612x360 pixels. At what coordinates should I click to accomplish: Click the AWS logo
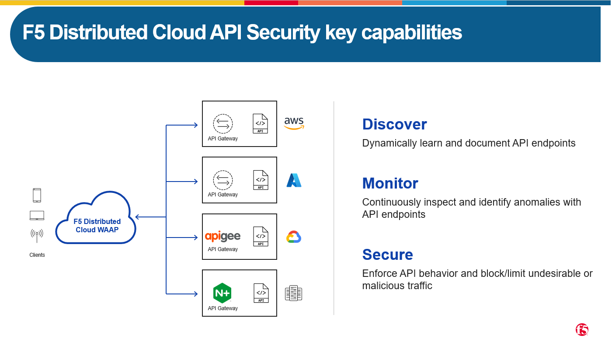(x=294, y=123)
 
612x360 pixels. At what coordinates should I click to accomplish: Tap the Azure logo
(x=294, y=180)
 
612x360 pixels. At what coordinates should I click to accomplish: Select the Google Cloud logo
(x=294, y=237)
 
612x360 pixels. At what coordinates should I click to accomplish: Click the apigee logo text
(x=223, y=237)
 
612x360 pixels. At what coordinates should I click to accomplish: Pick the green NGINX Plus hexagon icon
(x=222, y=293)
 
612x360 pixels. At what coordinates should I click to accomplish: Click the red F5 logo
(x=582, y=330)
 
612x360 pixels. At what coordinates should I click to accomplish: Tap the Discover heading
(x=394, y=124)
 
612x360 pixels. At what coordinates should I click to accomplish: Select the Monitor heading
(x=390, y=183)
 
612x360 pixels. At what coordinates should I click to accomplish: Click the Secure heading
(x=387, y=255)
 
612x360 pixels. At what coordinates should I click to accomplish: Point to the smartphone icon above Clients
(x=37, y=195)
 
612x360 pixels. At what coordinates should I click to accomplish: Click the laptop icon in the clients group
(x=37, y=215)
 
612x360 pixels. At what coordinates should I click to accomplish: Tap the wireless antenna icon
(x=37, y=235)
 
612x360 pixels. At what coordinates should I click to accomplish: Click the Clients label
(x=37, y=255)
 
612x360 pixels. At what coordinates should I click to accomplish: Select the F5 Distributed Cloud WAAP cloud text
(x=97, y=225)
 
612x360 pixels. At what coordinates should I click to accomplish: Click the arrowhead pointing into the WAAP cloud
(x=137, y=217)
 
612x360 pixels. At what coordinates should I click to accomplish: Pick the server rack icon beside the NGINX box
(x=293, y=294)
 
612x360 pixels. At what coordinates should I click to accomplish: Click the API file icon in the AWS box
(x=260, y=124)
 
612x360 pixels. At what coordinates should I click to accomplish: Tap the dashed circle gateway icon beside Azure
(x=223, y=180)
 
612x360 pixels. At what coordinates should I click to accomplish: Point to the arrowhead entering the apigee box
(x=195, y=238)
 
